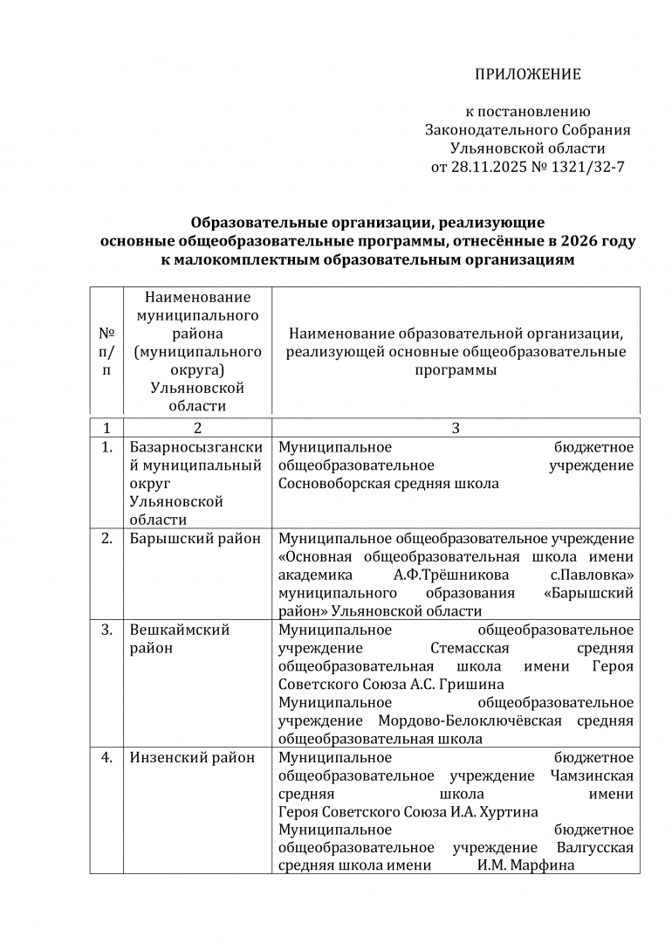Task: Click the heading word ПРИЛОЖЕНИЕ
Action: (527, 74)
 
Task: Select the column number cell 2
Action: (197, 428)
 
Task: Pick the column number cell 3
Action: (456, 428)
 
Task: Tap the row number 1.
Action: (106, 448)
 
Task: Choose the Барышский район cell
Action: (195, 539)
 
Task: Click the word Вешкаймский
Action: (180, 630)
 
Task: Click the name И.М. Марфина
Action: (525, 866)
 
